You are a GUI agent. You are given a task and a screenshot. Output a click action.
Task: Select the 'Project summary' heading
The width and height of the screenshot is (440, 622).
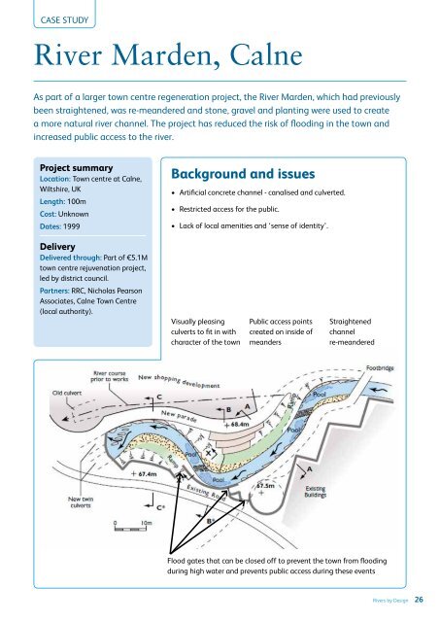click(75, 167)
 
